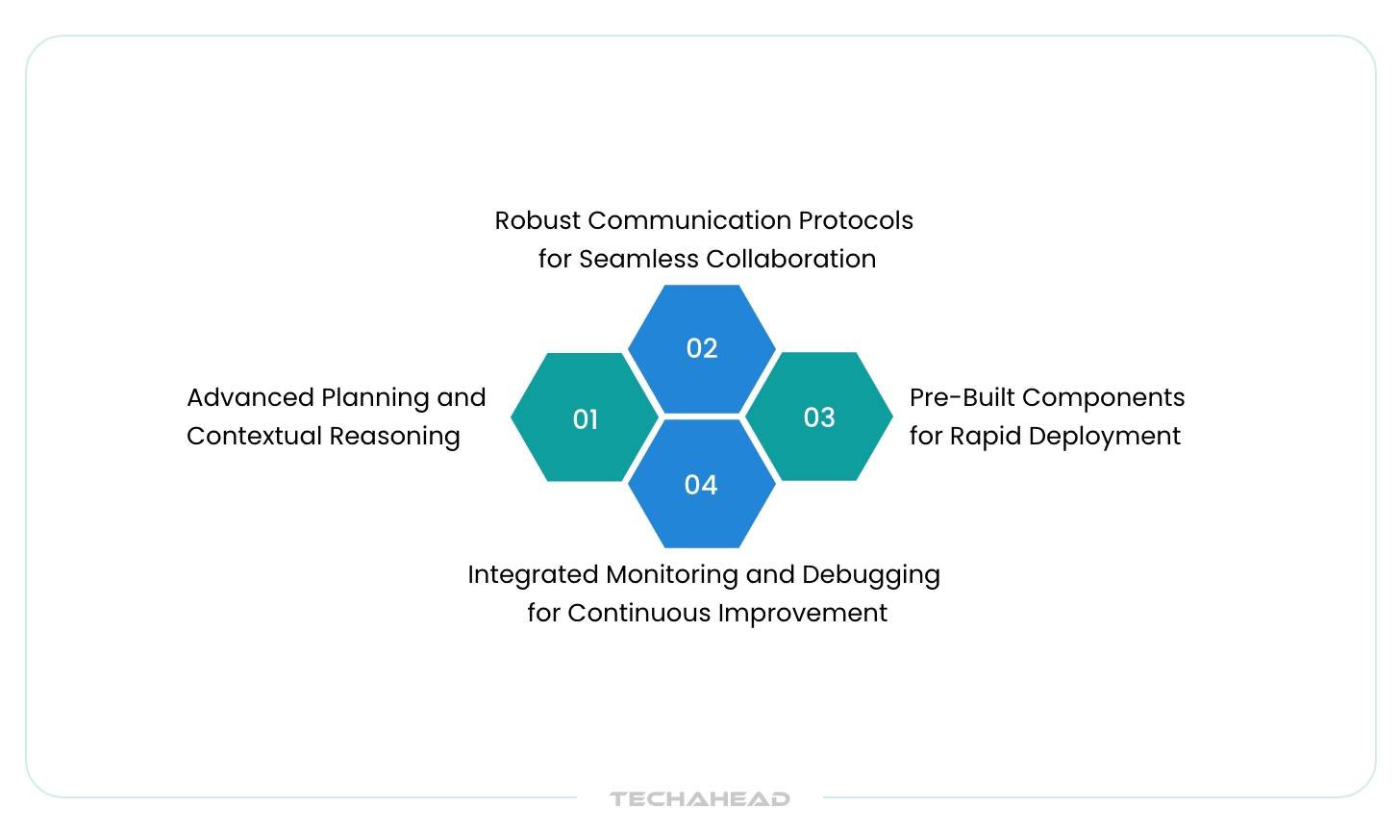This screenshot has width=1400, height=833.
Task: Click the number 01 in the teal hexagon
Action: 586,419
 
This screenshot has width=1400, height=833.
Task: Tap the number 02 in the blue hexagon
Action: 702,348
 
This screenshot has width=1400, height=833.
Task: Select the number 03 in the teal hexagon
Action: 819,417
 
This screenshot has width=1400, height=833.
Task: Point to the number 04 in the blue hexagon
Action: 701,485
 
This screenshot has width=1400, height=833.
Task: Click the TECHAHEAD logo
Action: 700,798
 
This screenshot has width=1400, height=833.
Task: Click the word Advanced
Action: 250,397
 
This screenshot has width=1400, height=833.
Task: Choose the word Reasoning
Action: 395,437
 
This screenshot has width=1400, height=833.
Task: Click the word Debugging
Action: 871,575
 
